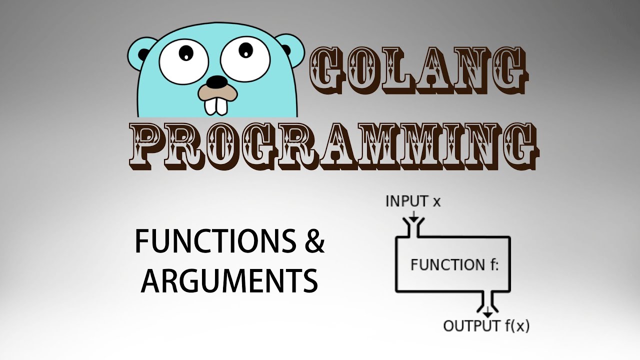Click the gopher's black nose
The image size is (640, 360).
[217, 82]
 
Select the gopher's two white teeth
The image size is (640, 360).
[216, 106]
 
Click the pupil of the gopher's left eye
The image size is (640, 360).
[186, 53]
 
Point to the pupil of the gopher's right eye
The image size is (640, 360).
[245, 50]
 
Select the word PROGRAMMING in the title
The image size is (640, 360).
[333, 146]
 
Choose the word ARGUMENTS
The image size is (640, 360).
[229, 281]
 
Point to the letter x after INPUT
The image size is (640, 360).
[436, 202]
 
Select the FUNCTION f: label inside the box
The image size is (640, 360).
[454, 264]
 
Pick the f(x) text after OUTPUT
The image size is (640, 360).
[517, 326]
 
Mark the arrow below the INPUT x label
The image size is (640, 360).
[413, 216]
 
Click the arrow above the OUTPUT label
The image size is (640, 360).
[487, 312]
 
